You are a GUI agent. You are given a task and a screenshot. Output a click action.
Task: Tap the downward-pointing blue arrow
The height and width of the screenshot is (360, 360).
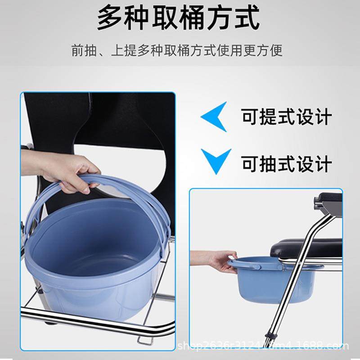pos(216,159)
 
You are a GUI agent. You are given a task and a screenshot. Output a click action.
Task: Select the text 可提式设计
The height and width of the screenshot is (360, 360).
pos(287,117)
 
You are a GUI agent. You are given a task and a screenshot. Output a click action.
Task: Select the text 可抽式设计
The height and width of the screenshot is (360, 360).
pos(287,163)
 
